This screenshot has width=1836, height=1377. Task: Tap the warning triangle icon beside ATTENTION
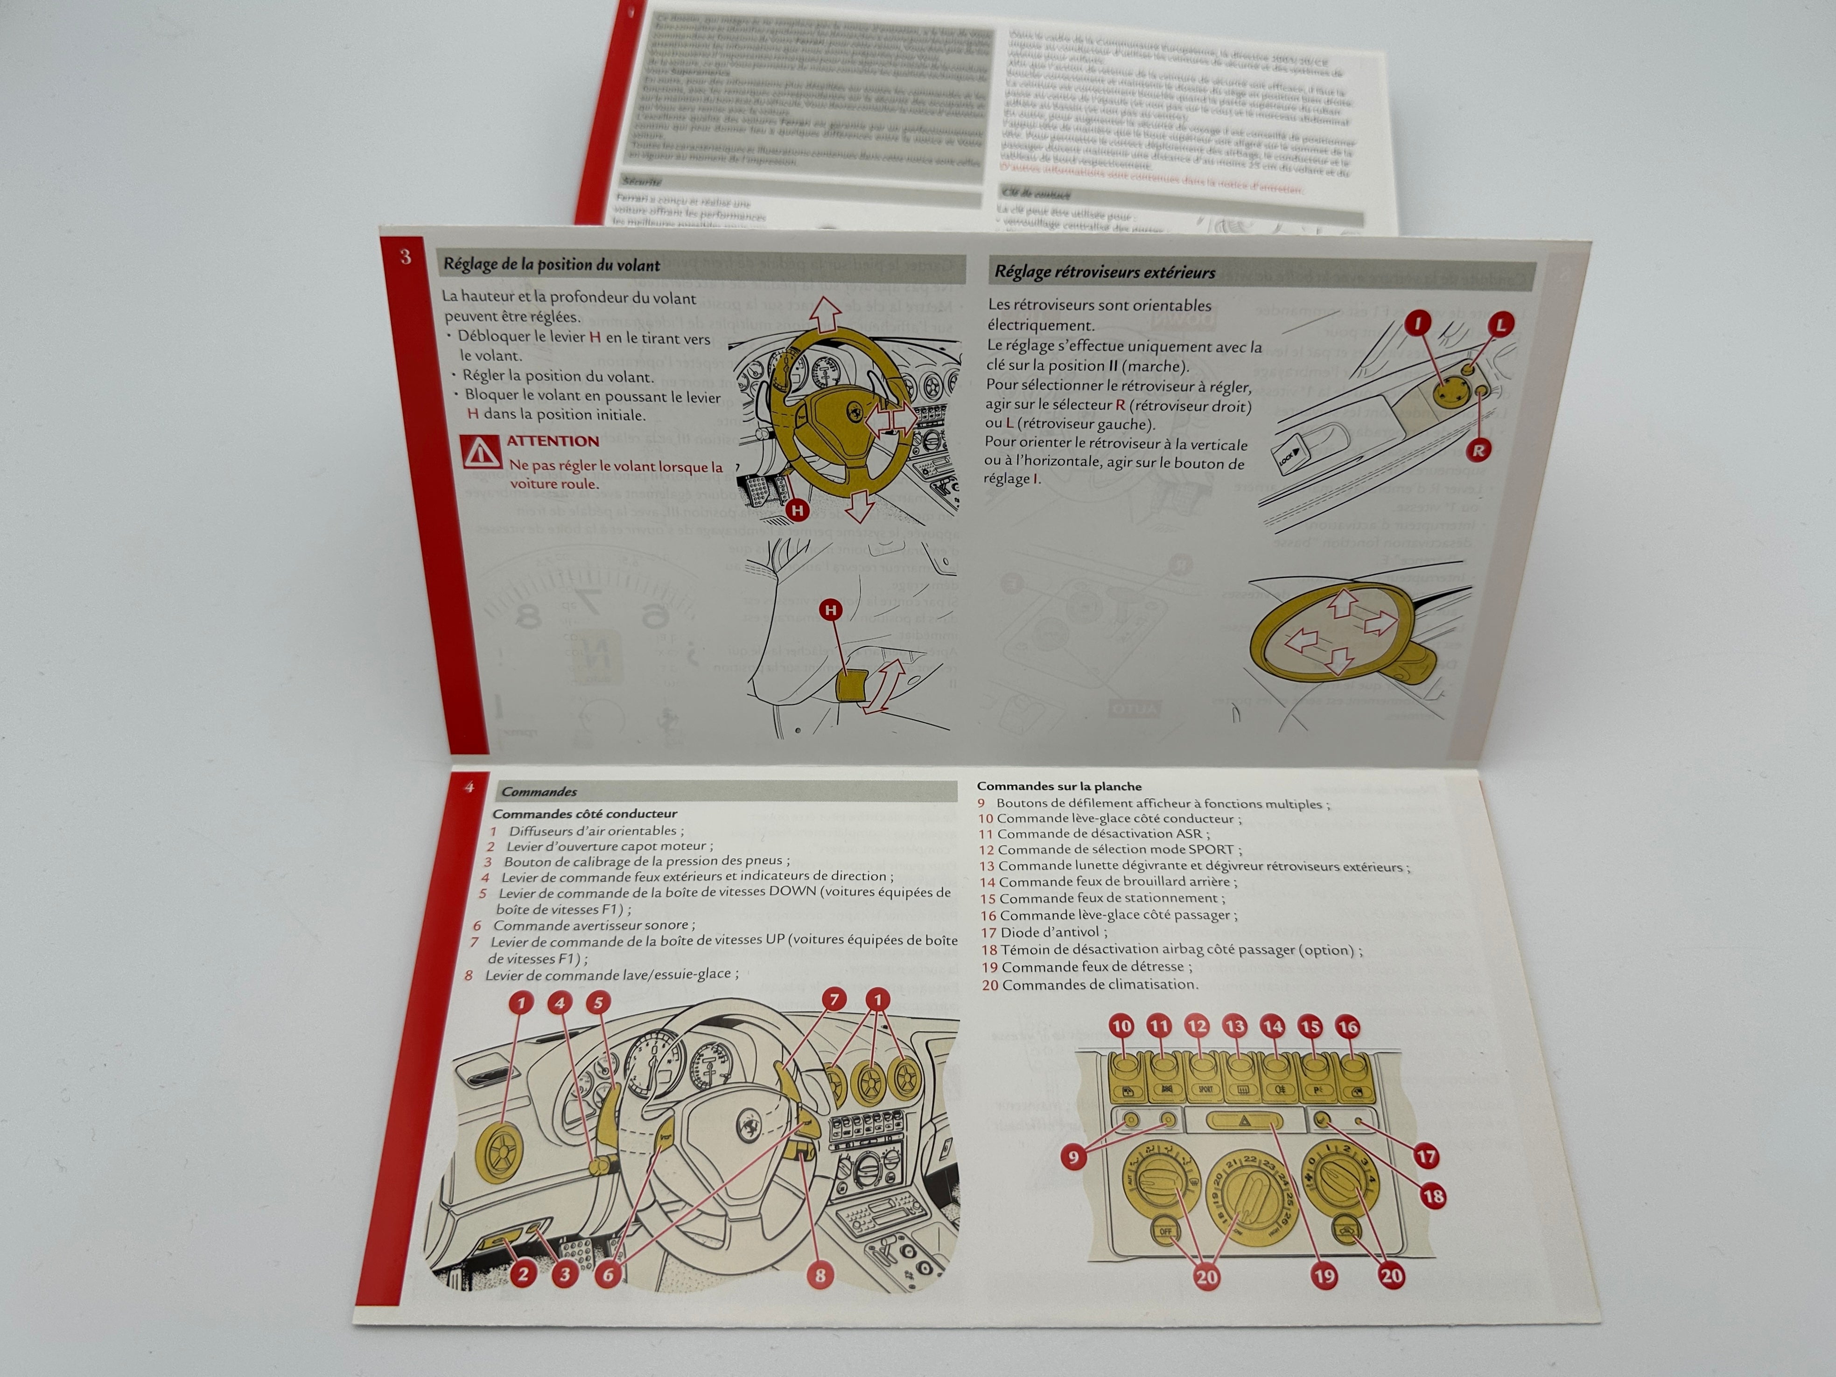(x=482, y=452)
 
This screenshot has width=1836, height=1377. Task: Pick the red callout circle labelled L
(x=1500, y=325)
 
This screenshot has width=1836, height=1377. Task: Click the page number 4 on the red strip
(x=469, y=786)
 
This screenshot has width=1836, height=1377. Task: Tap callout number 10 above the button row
(x=1121, y=1027)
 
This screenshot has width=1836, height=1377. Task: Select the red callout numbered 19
(x=1324, y=1276)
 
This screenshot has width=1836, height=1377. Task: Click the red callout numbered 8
(x=820, y=1275)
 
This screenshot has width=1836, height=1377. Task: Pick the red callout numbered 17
(x=1426, y=1156)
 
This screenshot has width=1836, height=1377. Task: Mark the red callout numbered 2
(x=523, y=1273)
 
